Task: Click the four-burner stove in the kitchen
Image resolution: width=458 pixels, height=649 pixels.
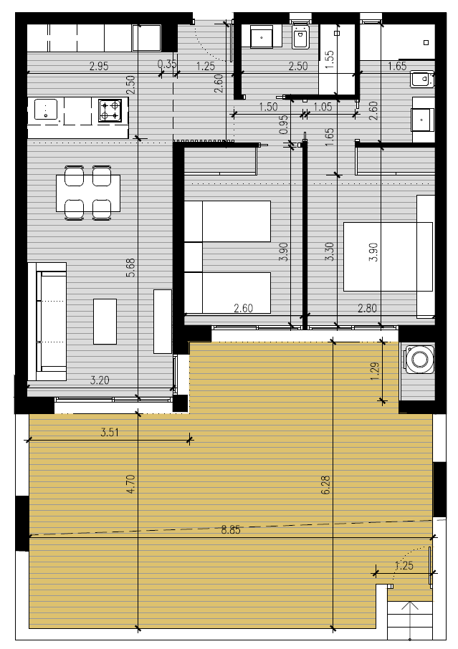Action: [x=110, y=110]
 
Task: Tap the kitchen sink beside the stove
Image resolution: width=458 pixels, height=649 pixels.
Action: [x=46, y=109]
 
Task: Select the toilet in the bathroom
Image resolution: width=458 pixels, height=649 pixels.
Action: [x=302, y=36]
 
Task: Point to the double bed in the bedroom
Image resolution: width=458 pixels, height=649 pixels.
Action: [x=388, y=256]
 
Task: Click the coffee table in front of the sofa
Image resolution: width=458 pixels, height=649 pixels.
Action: [x=105, y=321]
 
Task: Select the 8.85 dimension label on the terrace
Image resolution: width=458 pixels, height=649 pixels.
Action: [x=231, y=530]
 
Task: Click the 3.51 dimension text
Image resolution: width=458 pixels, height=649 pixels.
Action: [x=110, y=433]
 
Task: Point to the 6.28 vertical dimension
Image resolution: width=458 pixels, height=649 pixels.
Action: [x=325, y=485]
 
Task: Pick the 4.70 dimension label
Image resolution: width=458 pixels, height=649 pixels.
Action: [x=130, y=484]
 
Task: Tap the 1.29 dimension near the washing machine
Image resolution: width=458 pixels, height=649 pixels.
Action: [x=375, y=372]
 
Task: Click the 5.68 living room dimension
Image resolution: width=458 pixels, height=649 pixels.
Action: [x=130, y=267]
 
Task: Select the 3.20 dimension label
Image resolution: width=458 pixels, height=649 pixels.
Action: [x=100, y=380]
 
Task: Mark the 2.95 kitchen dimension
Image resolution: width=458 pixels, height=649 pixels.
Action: [x=99, y=66]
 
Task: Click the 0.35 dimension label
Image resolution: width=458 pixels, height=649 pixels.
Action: [x=167, y=64]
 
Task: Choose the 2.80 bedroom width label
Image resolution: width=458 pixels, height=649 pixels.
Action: [x=367, y=308]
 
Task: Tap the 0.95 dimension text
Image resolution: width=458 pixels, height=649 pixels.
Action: [x=283, y=124]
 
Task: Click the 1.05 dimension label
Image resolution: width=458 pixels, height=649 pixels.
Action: [x=323, y=107]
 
